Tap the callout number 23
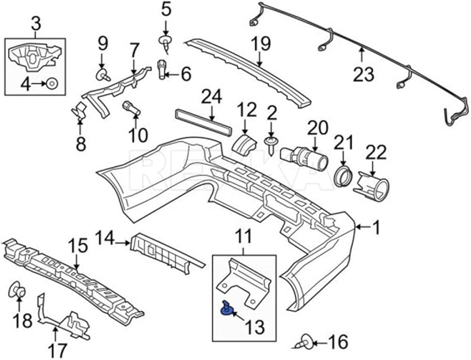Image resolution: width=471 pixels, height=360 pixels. (x=363, y=74)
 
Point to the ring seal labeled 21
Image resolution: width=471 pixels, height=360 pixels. (x=342, y=177)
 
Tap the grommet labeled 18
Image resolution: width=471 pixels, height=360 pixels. (x=17, y=291)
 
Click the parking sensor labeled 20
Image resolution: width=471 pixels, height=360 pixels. (x=306, y=156)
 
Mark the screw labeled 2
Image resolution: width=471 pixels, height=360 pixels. (x=271, y=143)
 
